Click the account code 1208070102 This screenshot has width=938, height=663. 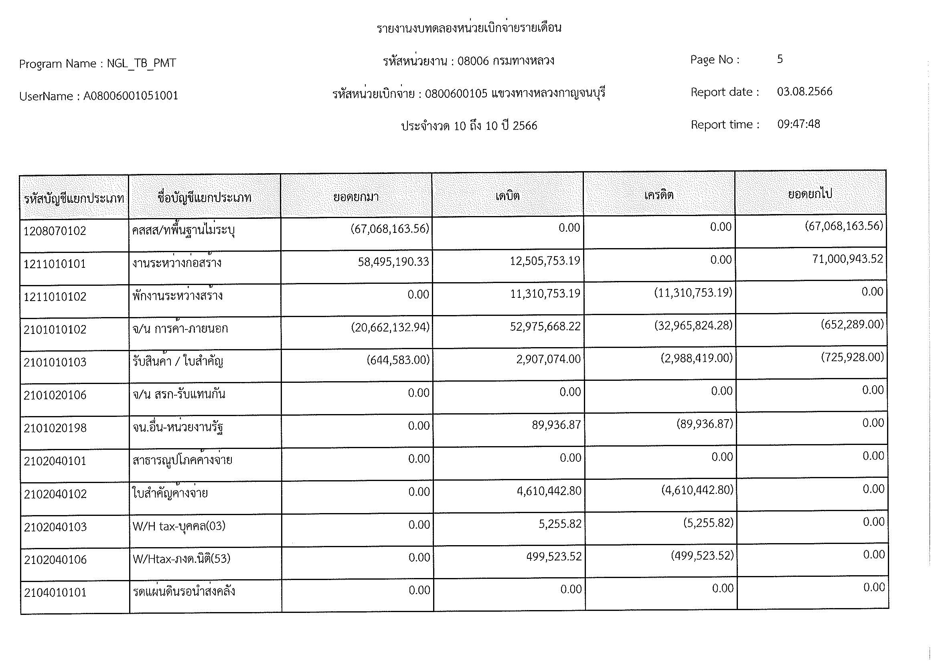[x=55, y=231]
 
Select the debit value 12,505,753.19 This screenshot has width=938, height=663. [x=545, y=261]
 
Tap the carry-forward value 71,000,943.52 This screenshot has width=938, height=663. [x=847, y=259]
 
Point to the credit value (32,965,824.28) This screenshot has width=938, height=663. [x=693, y=325]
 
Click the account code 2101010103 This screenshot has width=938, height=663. [x=55, y=362]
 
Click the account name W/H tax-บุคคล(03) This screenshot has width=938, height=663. [x=179, y=526]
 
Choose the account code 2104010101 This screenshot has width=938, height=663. [x=55, y=592]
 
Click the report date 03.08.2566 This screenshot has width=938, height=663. [x=804, y=91]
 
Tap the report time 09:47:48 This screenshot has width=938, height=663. [x=798, y=124]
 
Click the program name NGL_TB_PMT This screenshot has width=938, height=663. [x=141, y=63]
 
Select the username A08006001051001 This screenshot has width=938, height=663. [x=131, y=96]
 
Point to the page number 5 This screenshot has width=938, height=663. [x=780, y=59]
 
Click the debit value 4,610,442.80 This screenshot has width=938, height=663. [x=549, y=491]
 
